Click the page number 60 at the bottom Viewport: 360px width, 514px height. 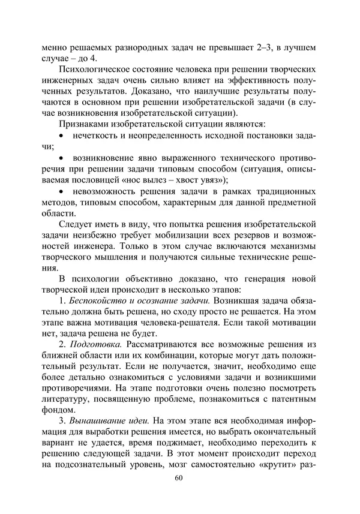click(178, 478)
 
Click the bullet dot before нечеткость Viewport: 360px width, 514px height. click(61, 137)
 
